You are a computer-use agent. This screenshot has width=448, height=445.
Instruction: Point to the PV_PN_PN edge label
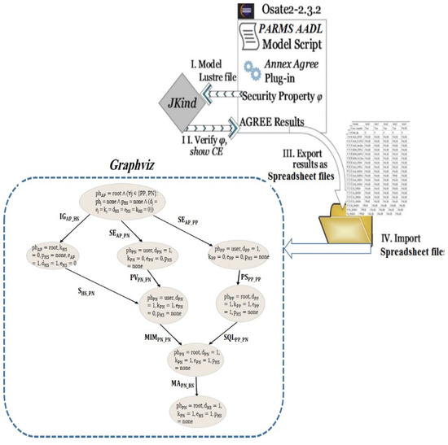point(144,278)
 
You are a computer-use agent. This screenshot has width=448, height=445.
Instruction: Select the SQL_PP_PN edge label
point(239,336)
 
